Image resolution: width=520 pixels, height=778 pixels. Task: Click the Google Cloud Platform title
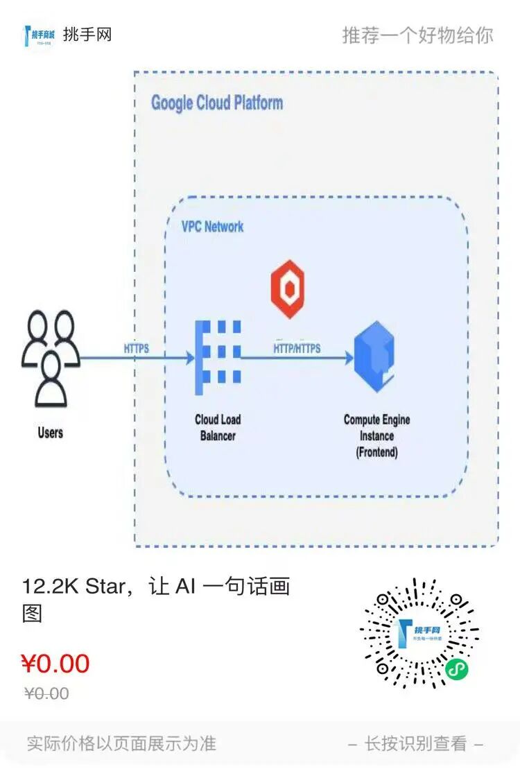coord(217,103)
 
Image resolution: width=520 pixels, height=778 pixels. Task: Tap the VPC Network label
coord(212,227)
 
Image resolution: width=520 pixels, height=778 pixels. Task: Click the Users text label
coord(50,433)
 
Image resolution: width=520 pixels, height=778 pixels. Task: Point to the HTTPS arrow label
coord(136,348)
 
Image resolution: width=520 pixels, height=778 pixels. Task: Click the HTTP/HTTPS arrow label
coord(297,348)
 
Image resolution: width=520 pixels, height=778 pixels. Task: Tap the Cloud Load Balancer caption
coord(218,427)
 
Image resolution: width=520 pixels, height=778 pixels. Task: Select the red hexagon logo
coord(289,289)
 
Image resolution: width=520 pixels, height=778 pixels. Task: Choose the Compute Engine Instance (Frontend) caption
coord(376,436)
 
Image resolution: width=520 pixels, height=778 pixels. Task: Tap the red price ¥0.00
coord(55,664)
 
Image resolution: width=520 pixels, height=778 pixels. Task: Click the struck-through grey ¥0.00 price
coord(46,693)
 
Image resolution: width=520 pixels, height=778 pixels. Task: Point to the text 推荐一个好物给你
coord(417,35)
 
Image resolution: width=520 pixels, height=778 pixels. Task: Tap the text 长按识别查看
coord(415,744)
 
